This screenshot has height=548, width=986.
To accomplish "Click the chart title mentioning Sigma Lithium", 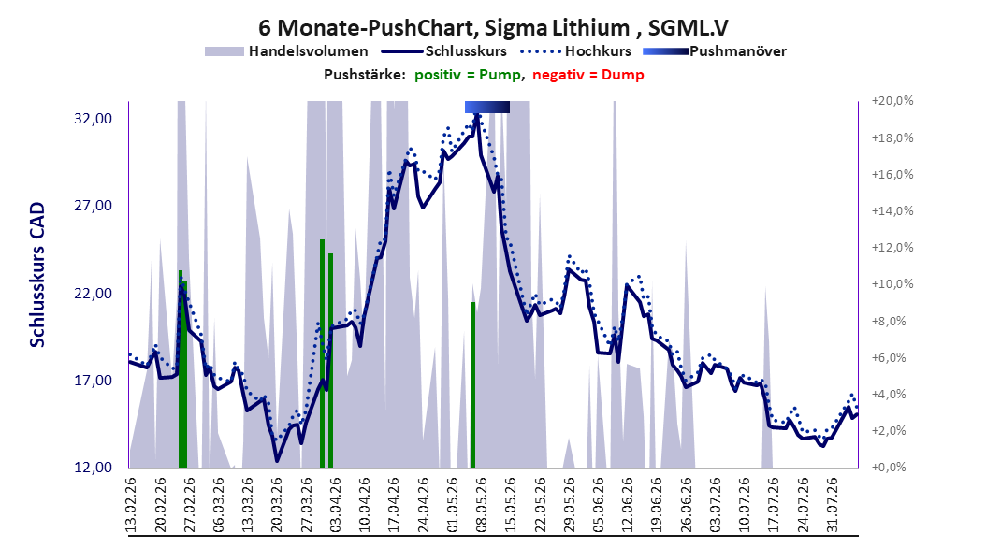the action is coord(493,28).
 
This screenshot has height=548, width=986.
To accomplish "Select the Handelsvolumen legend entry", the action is coord(287,51).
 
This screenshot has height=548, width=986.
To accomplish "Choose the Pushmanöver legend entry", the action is coord(715,51).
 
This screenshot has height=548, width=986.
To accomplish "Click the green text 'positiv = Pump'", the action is coord(467,75).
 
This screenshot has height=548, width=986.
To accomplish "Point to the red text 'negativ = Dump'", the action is coord(588,75).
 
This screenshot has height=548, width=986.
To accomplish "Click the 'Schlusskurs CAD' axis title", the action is coord(37,275).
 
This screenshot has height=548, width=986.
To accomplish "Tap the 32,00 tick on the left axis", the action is coord(93,119).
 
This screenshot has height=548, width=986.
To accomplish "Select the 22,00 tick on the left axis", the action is coord(93,294).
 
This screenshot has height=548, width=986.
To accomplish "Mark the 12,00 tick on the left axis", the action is coord(93,468).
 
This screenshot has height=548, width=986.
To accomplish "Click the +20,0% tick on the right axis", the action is coord(892,101).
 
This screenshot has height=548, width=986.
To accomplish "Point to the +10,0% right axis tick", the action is coord(892,284).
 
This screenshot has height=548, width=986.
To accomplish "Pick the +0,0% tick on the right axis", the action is coord(889,468).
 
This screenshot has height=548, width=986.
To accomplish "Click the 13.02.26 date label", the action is coord(131,505).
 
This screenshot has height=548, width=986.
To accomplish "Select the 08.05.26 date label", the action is coord(482,505).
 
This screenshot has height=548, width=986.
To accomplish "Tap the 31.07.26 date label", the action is coord(833,505).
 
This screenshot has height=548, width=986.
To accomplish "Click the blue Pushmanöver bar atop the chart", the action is coord(487,107).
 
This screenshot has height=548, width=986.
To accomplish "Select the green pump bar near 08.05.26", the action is coord(472,384).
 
